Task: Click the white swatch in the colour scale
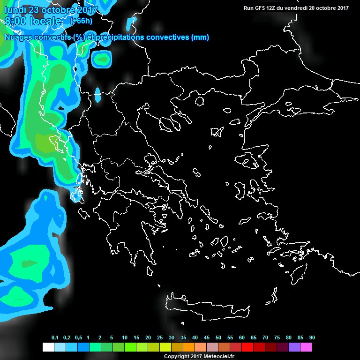point(48,347)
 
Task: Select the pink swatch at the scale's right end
point(306,347)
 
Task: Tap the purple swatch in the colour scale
point(294,347)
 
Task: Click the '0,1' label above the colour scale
point(55,338)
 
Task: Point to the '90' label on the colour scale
point(312,338)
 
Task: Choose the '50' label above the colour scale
point(218,338)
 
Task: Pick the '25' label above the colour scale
point(160,338)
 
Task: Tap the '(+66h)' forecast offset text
point(81,21)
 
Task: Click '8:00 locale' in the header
point(33,21)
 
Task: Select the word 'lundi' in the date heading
point(15,10)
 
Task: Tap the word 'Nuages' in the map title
point(19,37)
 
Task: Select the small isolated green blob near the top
point(102,58)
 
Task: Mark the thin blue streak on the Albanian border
point(98,94)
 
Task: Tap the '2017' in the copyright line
point(194,357)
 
